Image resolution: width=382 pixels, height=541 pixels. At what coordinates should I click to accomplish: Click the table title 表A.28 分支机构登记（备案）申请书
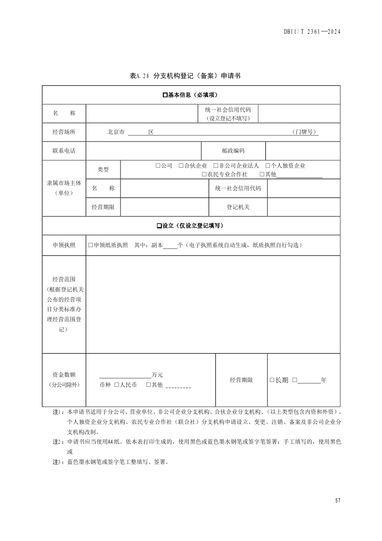pos(185,76)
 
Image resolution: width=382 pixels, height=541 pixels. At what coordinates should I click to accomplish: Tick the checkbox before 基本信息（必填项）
pos(165,95)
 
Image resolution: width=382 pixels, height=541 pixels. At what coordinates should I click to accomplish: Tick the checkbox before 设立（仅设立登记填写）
pos(159,226)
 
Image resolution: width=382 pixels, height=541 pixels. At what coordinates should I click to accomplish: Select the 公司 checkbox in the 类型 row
pos(158,166)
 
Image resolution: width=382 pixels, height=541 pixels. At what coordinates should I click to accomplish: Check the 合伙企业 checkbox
pos(181,166)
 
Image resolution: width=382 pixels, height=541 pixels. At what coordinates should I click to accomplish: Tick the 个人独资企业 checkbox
pos(267,166)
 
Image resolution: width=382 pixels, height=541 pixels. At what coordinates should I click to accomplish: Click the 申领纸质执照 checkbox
pos(90,245)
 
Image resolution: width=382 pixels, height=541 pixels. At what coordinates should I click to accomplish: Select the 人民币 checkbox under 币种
pos(117,385)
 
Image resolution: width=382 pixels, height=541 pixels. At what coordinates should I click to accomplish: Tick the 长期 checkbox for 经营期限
pos(272,380)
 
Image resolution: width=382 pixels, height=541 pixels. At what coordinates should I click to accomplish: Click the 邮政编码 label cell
pos(233,151)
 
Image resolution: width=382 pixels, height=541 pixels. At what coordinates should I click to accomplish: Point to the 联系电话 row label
pos(64,151)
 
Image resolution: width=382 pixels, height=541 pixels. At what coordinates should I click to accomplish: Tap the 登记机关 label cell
pos(238,207)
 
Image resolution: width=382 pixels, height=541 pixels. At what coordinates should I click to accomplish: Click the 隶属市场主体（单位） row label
pos(64,188)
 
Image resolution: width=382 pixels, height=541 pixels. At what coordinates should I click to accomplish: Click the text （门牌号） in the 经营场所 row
pos(305,132)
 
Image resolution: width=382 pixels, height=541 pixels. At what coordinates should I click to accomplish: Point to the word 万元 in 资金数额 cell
pos(157,375)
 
